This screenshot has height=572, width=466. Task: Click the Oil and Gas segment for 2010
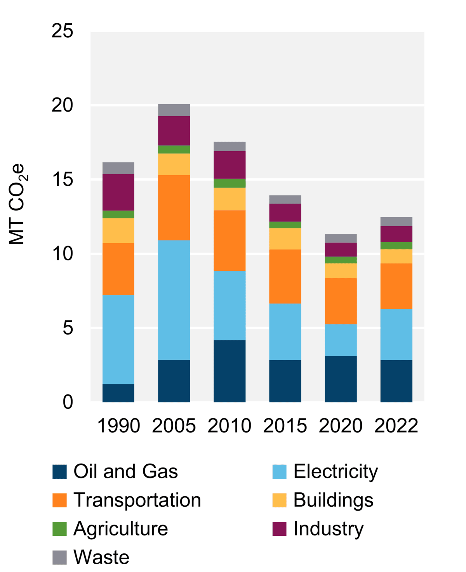point(230,371)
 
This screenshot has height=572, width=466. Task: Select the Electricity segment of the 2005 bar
point(174,300)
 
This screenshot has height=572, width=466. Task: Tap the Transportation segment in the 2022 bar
point(396,286)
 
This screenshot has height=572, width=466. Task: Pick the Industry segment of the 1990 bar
point(118,192)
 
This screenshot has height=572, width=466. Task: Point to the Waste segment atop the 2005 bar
point(174,110)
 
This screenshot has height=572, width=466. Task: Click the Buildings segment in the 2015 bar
point(285,239)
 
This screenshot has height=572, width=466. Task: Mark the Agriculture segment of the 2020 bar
point(341,260)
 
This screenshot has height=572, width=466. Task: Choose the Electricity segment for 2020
point(341,340)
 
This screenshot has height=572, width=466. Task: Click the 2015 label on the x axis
point(285,426)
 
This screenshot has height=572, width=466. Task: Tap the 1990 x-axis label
point(118,426)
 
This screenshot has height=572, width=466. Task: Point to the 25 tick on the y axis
point(62,31)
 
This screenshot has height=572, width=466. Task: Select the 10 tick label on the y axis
point(62,254)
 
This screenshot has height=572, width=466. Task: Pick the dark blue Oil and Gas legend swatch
point(59,471)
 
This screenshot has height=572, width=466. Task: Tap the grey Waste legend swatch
point(59,557)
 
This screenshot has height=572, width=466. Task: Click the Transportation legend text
point(137,500)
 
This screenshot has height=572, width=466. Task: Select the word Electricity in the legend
point(336,471)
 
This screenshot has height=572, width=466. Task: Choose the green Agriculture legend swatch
point(59,529)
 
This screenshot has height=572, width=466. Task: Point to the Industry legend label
point(329,529)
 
